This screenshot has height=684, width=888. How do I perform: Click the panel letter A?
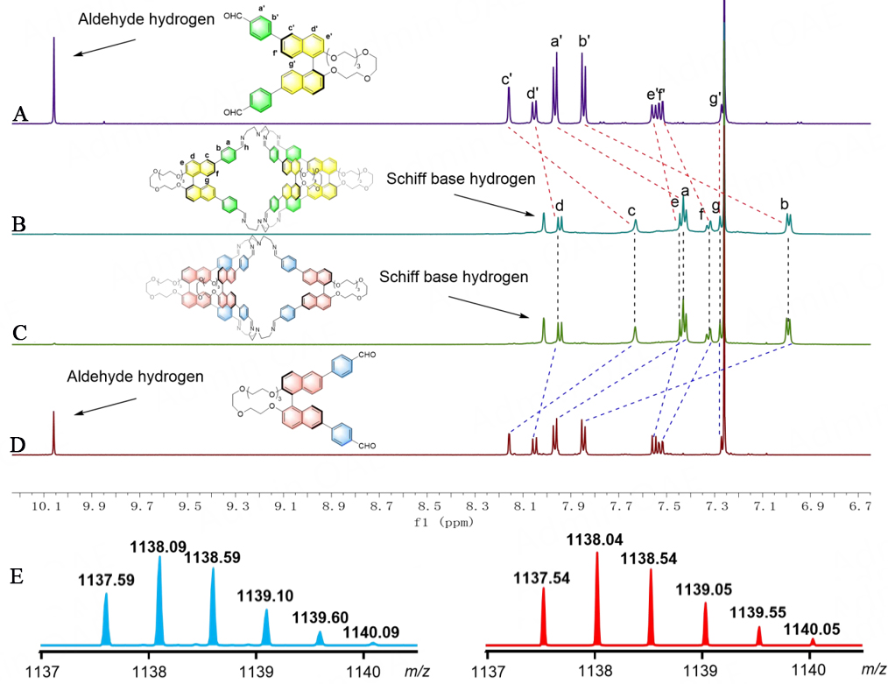point(21,115)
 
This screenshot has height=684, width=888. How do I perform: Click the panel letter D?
point(18,444)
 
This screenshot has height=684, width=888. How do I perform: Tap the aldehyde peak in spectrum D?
point(53,433)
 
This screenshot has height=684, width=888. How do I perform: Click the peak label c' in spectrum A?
point(507,81)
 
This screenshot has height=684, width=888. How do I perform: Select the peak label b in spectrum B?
point(785,204)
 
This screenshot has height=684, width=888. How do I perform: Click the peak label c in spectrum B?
point(631,212)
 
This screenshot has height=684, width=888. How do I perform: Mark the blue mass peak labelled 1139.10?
point(266,627)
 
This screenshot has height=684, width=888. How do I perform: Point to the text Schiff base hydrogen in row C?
point(455,276)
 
